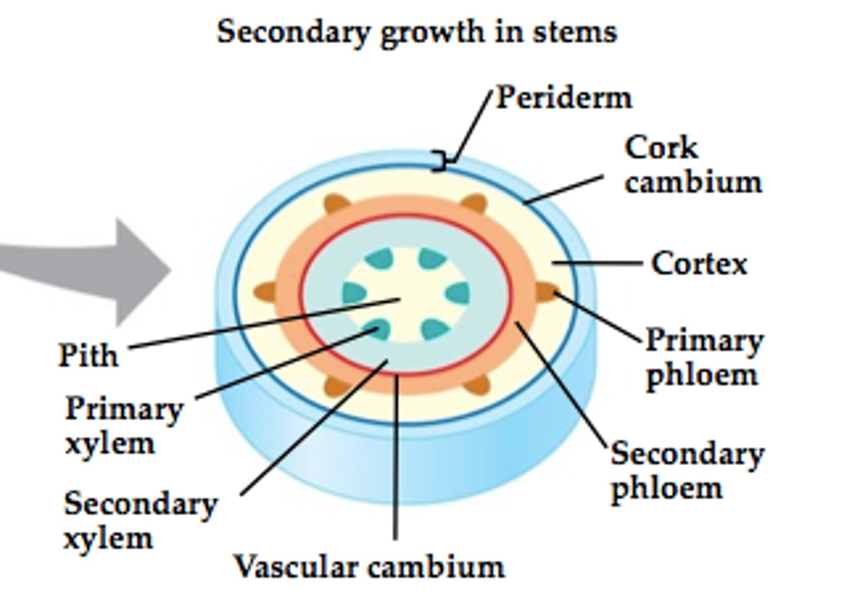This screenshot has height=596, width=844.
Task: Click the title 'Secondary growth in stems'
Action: click(x=417, y=32)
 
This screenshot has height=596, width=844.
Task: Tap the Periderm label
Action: click(x=564, y=97)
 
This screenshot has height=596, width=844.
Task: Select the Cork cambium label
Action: click(x=692, y=165)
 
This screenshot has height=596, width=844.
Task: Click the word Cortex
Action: click(x=699, y=264)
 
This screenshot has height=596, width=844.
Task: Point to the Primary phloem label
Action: click(x=703, y=357)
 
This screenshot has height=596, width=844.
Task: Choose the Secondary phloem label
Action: click(x=687, y=471)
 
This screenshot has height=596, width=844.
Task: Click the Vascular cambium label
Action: click(x=369, y=567)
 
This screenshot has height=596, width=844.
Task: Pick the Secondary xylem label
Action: click(x=139, y=520)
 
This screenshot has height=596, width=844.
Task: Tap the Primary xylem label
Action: click(x=124, y=425)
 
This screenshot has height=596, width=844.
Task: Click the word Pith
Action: click(x=88, y=355)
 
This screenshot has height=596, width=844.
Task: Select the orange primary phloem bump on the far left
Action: click(x=265, y=291)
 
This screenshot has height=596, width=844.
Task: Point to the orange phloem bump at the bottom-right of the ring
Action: click(x=477, y=384)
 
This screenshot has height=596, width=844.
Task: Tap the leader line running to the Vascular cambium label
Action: click(x=396, y=457)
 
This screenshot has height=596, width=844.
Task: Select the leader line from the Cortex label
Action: click(x=598, y=264)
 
